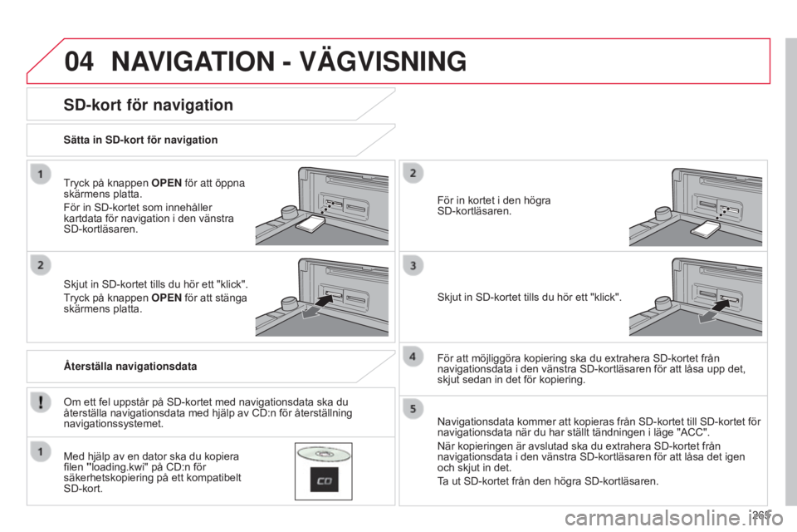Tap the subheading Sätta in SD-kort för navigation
[141, 140]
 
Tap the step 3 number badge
[415, 266]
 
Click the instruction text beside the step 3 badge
[530, 295]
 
